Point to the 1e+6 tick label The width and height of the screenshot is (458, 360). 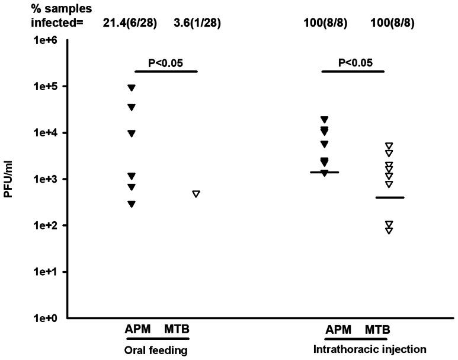pyautogui.click(x=46, y=40)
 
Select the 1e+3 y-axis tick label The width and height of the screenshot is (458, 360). pyautogui.click(x=46, y=179)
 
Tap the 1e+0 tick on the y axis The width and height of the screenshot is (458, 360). pyautogui.click(x=46, y=318)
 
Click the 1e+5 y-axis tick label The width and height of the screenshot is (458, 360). pyautogui.click(x=46, y=87)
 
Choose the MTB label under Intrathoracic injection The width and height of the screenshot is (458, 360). pyautogui.click(x=377, y=330)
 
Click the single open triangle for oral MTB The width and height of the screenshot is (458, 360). pyautogui.click(x=196, y=194)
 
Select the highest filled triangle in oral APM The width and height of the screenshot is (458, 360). pyautogui.click(x=132, y=88)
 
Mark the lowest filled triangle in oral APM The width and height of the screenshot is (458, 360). pyautogui.click(x=132, y=204)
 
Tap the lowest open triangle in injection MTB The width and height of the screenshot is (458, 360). pyautogui.click(x=389, y=231)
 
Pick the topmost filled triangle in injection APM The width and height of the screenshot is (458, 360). pyautogui.click(x=324, y=120)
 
